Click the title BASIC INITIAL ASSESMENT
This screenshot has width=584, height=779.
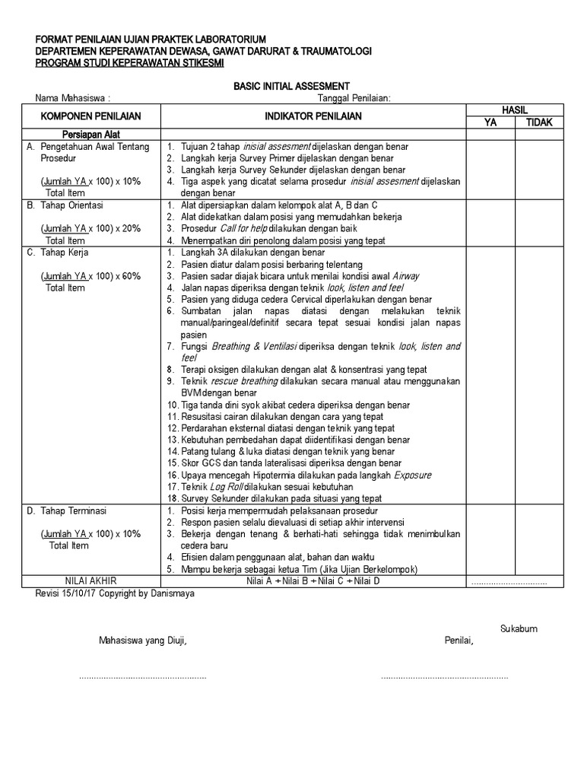pyautogui.click(x=291, y=86)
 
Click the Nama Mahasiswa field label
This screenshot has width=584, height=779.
pyautogui.click(x=73, y=98)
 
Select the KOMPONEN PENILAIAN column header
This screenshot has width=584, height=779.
pyautogui.click(x=90, y=116)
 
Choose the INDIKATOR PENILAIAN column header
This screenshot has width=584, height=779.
pyautogui.click(x=313, y=116)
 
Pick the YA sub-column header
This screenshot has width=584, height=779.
pyautogui.click(x=490, y=122)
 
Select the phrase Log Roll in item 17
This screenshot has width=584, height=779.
pyautogui.click(x=220, y=487)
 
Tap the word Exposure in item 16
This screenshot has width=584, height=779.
pyautogui.click(x=412, y=475)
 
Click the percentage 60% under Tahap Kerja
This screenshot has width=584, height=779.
pyautogui.click(x=129, y=276)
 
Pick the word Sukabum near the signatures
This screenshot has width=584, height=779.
pyautogui.click(x=519, y=628)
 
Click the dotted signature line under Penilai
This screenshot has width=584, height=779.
pyautogui.click(x=444, y=676)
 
